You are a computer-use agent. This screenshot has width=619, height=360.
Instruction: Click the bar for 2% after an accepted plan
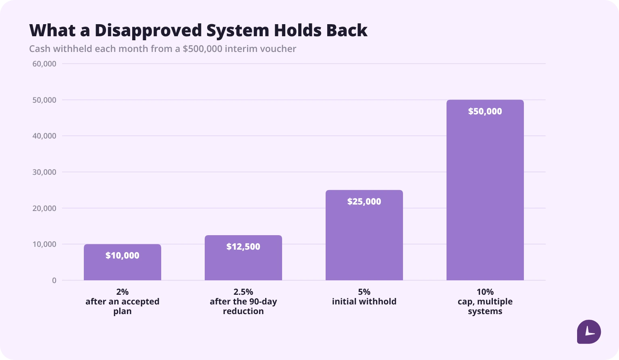123,262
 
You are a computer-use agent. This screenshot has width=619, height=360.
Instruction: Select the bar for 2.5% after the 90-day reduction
243,258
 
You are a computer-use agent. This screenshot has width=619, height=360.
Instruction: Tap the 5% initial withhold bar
364,235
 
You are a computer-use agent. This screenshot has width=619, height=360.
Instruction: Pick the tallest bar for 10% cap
485,190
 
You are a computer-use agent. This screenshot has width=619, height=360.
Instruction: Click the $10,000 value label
123,255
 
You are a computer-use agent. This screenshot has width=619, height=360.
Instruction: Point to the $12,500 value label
243,246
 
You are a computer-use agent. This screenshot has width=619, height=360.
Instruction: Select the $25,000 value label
364,201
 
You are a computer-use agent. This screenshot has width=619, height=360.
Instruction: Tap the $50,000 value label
485,111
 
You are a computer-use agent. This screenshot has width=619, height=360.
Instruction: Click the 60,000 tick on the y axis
44,64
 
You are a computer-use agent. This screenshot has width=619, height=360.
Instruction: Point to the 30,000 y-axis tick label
44,172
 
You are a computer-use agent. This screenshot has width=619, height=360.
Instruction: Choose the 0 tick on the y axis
54,281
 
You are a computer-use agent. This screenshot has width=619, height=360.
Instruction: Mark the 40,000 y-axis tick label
44,136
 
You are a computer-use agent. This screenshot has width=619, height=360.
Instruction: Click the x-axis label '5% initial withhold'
364,296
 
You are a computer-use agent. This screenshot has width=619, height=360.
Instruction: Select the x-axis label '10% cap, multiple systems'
485,302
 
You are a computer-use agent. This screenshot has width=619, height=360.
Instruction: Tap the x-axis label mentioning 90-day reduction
243,302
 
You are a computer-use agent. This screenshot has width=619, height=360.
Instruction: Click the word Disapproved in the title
148,30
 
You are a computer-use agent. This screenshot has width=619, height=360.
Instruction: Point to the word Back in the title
347,30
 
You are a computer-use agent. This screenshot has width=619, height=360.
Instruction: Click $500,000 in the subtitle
202,49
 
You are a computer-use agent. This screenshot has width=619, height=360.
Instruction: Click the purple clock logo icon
589,331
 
